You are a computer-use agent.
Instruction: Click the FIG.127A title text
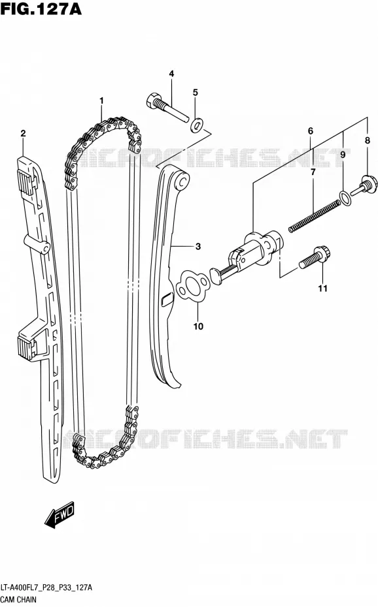click(41, 8)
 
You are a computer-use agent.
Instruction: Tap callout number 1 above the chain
click(101, 101)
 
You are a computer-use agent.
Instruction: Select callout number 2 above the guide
click(23, 134)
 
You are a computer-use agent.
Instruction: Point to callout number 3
click(198, 246)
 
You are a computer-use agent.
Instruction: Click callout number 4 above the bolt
click(171, 74)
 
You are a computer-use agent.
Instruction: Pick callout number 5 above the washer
click(196, 93)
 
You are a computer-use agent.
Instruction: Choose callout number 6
click(311, 131)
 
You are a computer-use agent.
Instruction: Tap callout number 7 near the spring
click(313, 172)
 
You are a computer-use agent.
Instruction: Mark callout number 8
click(368, 141)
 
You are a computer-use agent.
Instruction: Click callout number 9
click(343, 155)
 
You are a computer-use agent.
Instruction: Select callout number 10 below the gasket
click(198, 326)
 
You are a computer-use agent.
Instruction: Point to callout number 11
click(322, 288)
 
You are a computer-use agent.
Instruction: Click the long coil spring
click(315, 217)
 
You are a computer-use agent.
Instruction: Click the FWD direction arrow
click(60, 516)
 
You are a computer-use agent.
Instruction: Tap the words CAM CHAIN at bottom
click(18, 600)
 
